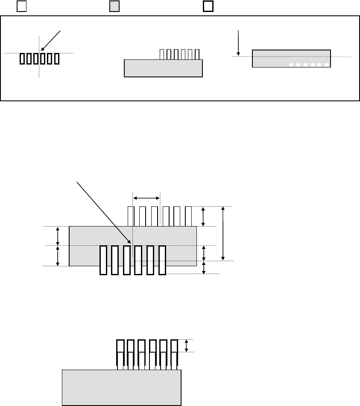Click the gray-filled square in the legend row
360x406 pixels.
pos(114,6)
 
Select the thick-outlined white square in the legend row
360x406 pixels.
pos(208,6)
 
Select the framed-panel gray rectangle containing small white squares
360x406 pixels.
pos(291,59)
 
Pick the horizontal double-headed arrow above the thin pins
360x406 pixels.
pos(146,198)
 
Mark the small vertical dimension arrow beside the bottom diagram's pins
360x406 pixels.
pos(186,346)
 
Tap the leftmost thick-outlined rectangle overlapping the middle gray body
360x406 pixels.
pos(103,260)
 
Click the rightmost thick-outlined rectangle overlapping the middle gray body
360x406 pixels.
pos(162,260)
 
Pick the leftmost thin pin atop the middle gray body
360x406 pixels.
pos(132,217)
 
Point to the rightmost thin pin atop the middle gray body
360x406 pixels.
pos(188,217)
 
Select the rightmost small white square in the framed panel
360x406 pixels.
pos(326,65)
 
